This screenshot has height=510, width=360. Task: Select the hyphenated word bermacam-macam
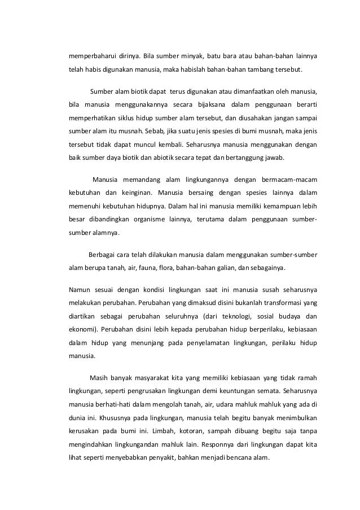point(289,180)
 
